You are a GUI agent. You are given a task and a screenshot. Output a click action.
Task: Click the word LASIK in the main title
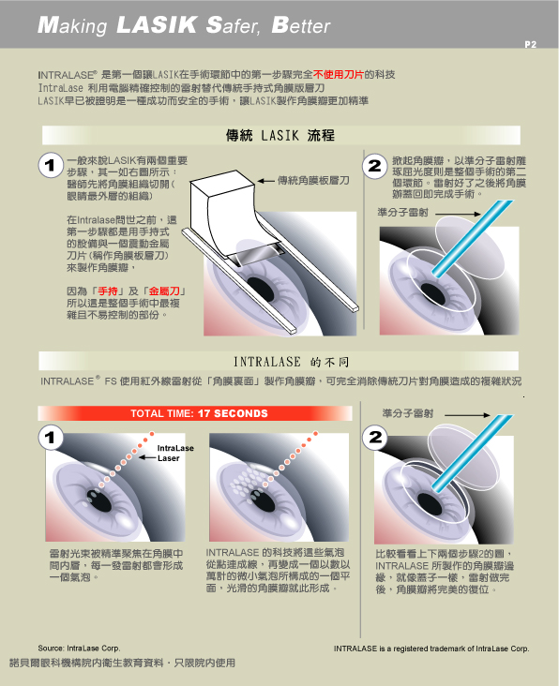pyautogui.click(x=157, y=24)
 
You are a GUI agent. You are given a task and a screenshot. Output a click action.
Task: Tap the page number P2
pyautogui.click(x=530, y=44)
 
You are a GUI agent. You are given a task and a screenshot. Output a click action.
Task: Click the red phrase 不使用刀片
pyautogui.click(x=338, y=74)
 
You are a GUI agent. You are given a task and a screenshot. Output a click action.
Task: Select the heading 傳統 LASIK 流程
pyautogui.click(x=280, y=135)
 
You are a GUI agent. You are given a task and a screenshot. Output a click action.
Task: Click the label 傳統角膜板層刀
pyautogui.click(x=313, y=180)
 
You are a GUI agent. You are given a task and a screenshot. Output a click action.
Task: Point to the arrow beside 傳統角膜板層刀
pyautogui.click(x=265, y=181)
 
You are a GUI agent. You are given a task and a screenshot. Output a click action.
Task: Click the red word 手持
pyautogui.click(x=107, y=291)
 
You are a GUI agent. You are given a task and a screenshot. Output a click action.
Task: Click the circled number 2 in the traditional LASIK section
pyautogui.click(x=375, y=166)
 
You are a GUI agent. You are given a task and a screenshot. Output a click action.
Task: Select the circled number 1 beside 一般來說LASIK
pyautogui.click(x=51, y=165)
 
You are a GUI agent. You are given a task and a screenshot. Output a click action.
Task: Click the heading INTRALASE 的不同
pyautogui.click(x=291, y=362)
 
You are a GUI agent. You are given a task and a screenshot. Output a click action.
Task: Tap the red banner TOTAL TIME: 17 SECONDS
pyautogui.click(x=195, y=413)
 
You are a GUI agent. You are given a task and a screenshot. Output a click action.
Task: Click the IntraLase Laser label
pyautogui.click(x=175, y=454)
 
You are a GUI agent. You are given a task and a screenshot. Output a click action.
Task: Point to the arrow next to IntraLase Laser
pyautogui.click(x=147, y=458)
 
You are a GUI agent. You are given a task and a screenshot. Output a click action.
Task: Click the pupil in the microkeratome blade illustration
pyautogui.click(x=261, y=289)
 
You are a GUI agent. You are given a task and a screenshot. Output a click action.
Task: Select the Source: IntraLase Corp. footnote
pyautogui.click(x=79, y=649)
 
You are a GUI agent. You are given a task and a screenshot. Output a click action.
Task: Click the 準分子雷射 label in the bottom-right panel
pyautogui.click(x=408, y=413)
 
